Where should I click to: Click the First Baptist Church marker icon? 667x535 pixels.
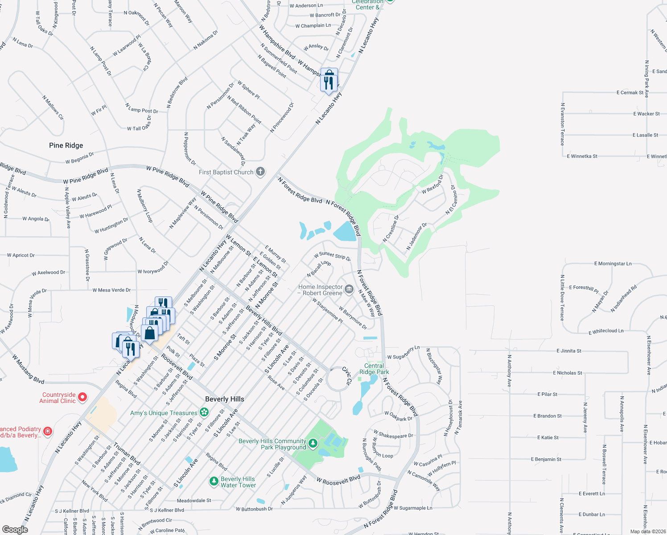(x=260, y=172)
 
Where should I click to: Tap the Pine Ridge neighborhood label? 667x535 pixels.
(x=66, y=145)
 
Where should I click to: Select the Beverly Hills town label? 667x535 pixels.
(x=225, y=399)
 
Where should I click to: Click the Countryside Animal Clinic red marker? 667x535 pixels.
(x=82, y=396)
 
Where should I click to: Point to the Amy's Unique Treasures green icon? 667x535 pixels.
(x=204, y=412)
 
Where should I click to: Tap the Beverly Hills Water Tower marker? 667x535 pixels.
(x=214, y=481)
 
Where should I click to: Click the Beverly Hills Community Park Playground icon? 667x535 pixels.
(x=313, y=443)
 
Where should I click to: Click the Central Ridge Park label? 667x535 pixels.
(x=374, y=369)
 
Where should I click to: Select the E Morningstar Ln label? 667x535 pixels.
(x=613, y=264)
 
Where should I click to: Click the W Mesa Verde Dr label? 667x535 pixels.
(x=111, y=290)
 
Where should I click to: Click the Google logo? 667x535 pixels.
(x=15, y=529)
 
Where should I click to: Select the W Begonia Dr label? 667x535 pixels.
(x=79, y=158)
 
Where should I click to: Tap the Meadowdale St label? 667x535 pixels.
(x=194, y=501)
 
